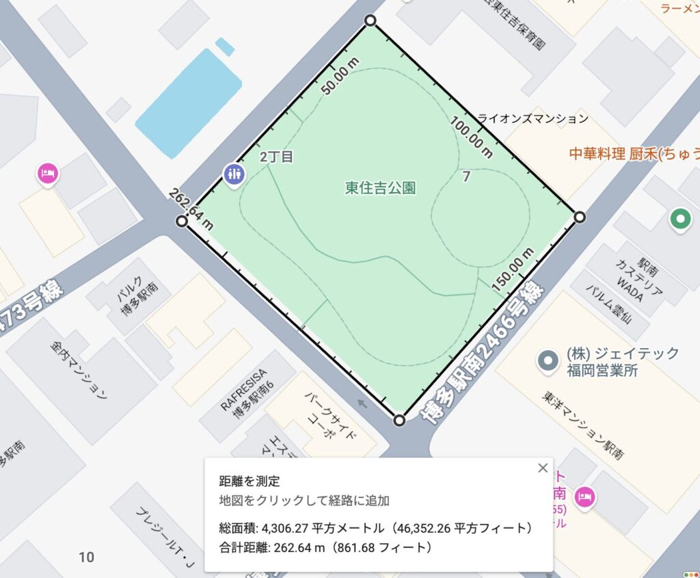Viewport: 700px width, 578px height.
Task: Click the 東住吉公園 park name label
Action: click(381, 188)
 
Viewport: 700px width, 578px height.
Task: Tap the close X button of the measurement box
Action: click(543, 468)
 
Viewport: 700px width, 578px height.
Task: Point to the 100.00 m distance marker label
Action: click(471, 137)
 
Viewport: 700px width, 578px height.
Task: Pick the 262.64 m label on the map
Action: click(191, 208)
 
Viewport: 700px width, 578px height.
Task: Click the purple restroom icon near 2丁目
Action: click(234, 174)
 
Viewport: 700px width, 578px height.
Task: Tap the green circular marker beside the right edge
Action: click(679, 219)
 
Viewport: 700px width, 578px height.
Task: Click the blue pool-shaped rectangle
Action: click(189, 103)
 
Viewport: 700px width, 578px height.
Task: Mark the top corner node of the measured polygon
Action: click(370, 21)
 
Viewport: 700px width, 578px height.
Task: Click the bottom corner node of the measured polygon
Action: click(400, 420)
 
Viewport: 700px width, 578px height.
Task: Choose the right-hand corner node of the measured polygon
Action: click(579, 218)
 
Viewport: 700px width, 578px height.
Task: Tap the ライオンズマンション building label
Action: click(533, 118)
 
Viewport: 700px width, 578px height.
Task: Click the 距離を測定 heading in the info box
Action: click(250, 482)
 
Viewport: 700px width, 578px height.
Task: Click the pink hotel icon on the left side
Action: click(46, 173)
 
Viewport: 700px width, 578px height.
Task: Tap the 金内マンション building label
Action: click(80, 369)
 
